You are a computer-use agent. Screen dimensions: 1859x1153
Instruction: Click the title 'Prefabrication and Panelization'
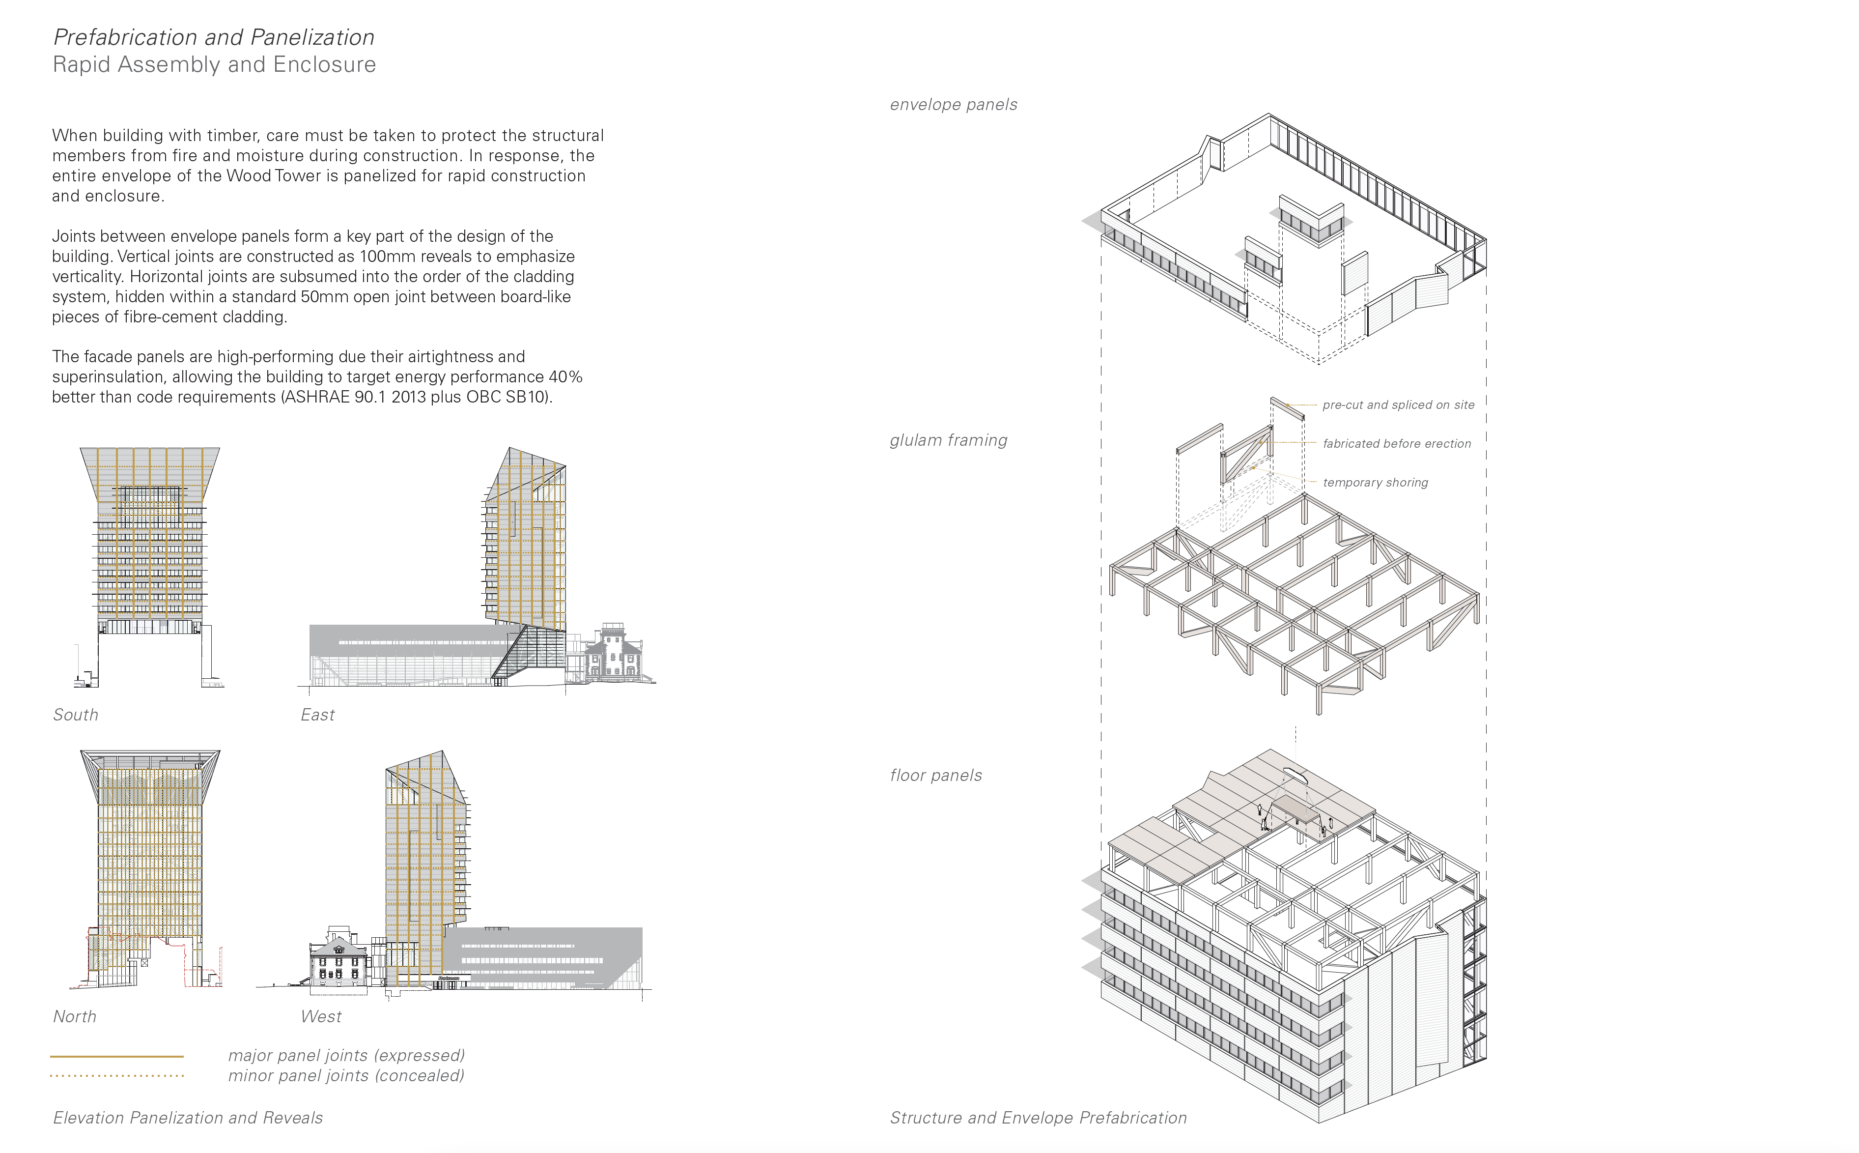pos(213,37)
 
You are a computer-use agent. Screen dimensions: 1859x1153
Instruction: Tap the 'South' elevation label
pos(76,715)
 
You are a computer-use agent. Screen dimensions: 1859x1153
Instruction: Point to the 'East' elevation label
pos(317,715)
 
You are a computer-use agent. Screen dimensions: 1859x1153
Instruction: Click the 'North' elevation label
pos(75,1016)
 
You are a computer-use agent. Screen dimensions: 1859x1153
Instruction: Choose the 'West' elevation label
pos(321,1016)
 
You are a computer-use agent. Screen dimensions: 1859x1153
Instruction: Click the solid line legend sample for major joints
pos(116,1056)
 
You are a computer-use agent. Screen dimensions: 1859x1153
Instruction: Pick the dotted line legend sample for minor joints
pos(116,1076)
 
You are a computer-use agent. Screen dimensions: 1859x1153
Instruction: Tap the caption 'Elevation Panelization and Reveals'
pos(188,1118)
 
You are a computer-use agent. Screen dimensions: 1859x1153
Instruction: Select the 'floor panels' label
pos(936,776)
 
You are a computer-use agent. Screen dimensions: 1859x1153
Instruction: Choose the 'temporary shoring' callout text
pos(1376,483)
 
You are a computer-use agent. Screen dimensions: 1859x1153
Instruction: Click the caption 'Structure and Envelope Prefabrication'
pos(1038,1118)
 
